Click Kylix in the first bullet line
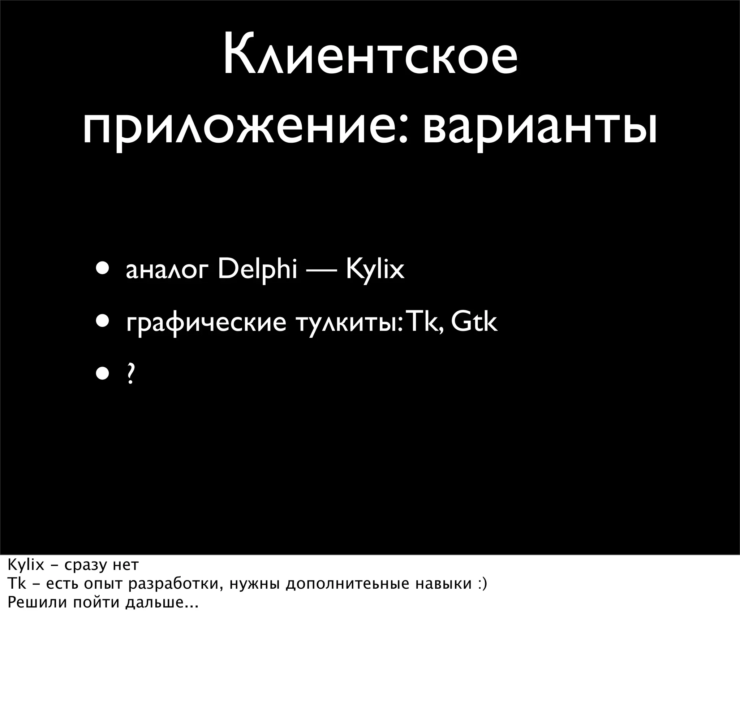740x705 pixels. tap(375, 270)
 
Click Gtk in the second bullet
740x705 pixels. tap(474, 322)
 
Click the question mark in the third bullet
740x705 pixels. tap(130, 373)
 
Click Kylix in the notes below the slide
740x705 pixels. tap(26, 565)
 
